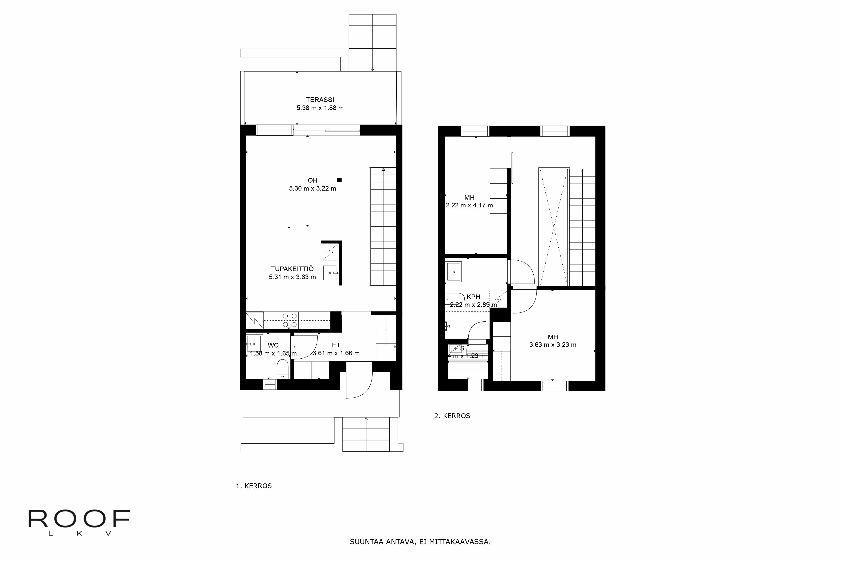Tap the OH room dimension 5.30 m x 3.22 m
pyautogui.click(x=312, y=188)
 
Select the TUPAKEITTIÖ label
pyautogui.click(x=292, y=269)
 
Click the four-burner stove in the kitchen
pyautogui.click(x=290, y=320)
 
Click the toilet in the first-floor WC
pyautogui.click(x=283, y=369)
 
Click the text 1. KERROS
pyautogui.click(x=254, y=486)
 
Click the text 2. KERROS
pyautogui.click(x=452, y=416)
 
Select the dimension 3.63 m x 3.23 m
pyautogui.click(x=553, y=345)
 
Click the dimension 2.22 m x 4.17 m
pyautogui.click(x=469, y=205)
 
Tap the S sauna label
pyautogui.click(x=462, y=348)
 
